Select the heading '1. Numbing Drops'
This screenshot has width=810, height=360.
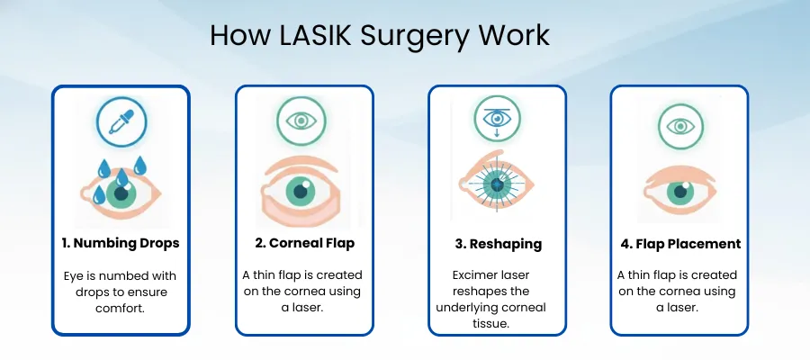coord(121,244)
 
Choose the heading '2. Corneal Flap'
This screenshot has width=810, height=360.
coord(304,244)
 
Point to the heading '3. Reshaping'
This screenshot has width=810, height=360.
coord(497,244)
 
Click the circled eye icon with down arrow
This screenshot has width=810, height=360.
coord(497,118)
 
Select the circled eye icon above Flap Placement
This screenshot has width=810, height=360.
coord(679,122)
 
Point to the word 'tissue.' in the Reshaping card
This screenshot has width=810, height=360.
coord(497,323)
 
